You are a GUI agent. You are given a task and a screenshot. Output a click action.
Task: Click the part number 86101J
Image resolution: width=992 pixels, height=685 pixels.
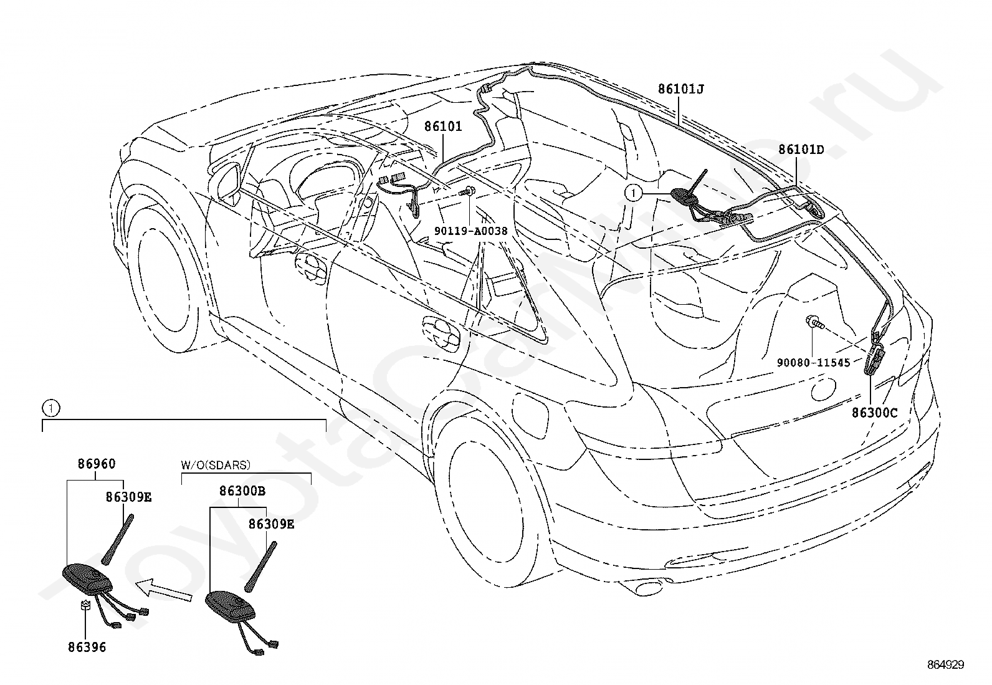(680, 90)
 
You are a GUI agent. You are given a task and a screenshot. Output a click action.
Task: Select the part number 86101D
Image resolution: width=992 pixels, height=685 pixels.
(801, 150)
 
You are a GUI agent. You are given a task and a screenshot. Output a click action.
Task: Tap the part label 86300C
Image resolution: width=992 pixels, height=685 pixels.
(875, 413)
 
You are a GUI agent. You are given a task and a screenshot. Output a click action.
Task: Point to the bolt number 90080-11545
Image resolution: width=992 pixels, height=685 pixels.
(814, 363)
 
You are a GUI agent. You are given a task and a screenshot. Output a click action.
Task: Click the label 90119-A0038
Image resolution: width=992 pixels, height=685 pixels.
(470, 231)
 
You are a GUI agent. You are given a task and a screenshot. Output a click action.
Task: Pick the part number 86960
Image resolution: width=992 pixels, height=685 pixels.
(97, 464)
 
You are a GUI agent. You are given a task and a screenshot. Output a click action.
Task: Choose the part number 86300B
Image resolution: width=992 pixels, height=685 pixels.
(242, 491)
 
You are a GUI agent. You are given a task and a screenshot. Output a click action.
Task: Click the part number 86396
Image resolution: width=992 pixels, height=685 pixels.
(87, 648)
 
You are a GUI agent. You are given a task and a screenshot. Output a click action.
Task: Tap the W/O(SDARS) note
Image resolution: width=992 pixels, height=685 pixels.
(216, 465)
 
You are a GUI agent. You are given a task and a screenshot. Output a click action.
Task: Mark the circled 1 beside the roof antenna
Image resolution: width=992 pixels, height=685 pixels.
(633, 193)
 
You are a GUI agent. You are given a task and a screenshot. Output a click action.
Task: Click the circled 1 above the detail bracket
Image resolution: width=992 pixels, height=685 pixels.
(50, 408)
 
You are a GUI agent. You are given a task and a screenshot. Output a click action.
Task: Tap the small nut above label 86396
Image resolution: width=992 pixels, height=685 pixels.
(85, 605)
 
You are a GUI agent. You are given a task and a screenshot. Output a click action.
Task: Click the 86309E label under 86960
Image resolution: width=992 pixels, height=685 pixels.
(128, 497)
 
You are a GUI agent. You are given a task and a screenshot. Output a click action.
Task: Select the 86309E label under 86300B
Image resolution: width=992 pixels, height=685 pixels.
(271, 524)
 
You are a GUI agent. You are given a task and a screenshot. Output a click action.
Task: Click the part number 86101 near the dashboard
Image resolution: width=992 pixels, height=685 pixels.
(443, 127)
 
